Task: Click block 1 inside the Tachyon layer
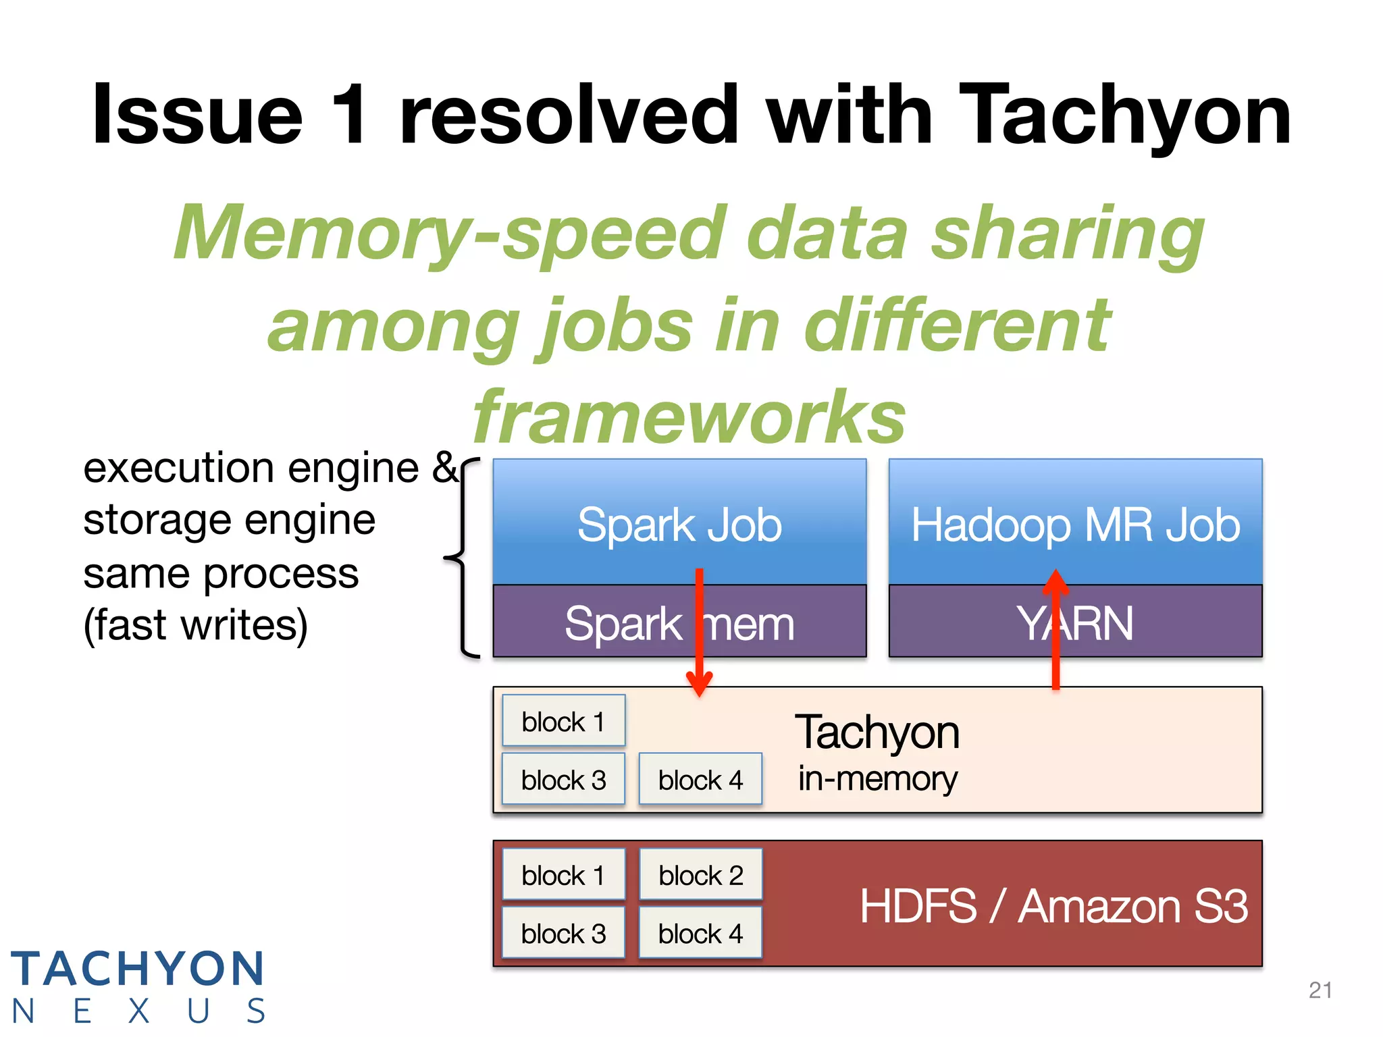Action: pyautogui.click(x=563, y=721)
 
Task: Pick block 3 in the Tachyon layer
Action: pyautogui.click(x=563, y=780)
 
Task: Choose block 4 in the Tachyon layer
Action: pyautogui.click(x=700, y=780)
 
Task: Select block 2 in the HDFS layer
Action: pyautogui.click(x=700, y=875)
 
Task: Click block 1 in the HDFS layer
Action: pyautogui.click(x=563, y=875)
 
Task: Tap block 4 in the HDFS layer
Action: pyautogui.click(x=700, y=934)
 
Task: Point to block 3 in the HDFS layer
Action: pyautogui.click(x=563, y=934)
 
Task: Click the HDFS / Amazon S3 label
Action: pyautogui.click(x=1053, y=906)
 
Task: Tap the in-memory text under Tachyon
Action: pyautogui.click(x=877, y=778)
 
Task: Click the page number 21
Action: pyautogui.click(x=1320, y=990)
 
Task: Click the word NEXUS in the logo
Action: pyautogui.click(x=138, y=1011)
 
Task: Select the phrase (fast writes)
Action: pyautogui.click(x=196, y=625)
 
